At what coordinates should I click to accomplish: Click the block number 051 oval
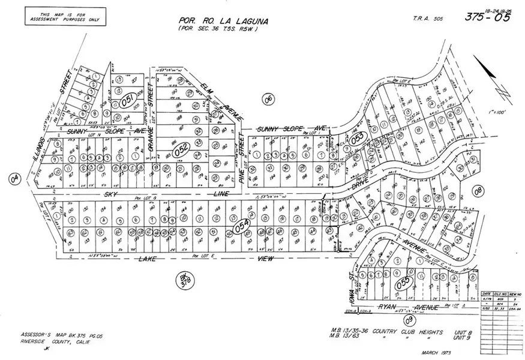(127, 101)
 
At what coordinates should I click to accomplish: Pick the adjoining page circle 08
(478, 191)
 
